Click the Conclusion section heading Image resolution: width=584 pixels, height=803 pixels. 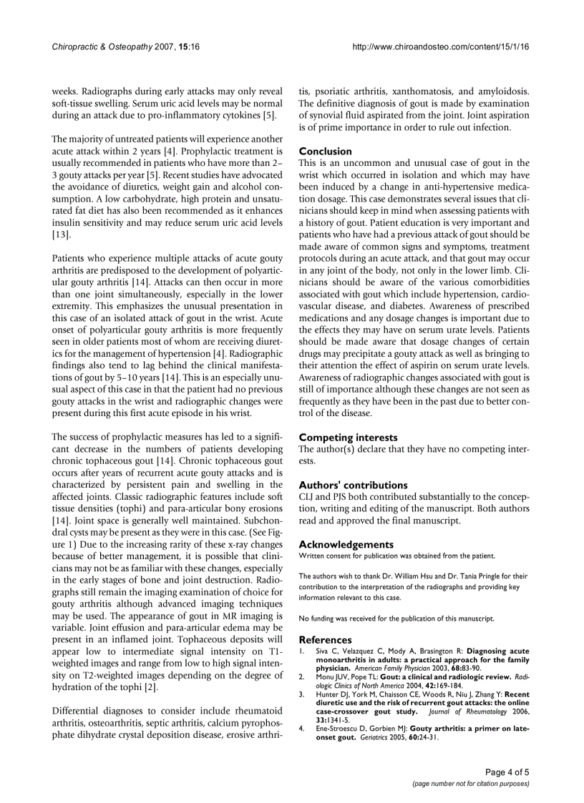click(325, 151)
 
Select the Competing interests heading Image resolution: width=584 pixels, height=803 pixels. click(348, 437)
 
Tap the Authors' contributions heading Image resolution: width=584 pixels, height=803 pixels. click(353, 485)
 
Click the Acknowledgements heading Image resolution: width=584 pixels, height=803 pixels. click(346, 544)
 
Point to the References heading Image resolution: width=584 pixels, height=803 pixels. click(325, 639)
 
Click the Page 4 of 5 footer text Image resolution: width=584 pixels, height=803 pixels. click(507, 772)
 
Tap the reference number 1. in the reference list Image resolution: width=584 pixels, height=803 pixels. click(302, 651)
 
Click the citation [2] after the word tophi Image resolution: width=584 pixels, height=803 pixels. click(150, 707)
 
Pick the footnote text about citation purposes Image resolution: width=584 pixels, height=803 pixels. click(471, 784)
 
